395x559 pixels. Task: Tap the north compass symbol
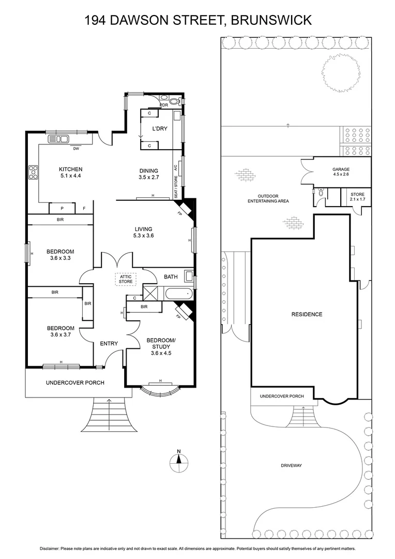pos(178,460)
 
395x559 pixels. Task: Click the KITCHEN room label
pos(70,169)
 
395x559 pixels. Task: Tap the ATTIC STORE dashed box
pos(126,279)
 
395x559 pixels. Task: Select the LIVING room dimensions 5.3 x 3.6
pos(144,236)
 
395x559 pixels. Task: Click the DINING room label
pos(149,171)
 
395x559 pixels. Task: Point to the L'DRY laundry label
pos(158,128)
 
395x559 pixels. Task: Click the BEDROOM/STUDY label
pos(161,343)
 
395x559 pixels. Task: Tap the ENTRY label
pos(109,343)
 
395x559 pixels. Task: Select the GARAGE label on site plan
pos(341,169)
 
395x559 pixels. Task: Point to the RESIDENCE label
pos(307,314)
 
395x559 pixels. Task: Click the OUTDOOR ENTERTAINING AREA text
pos(268,198)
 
